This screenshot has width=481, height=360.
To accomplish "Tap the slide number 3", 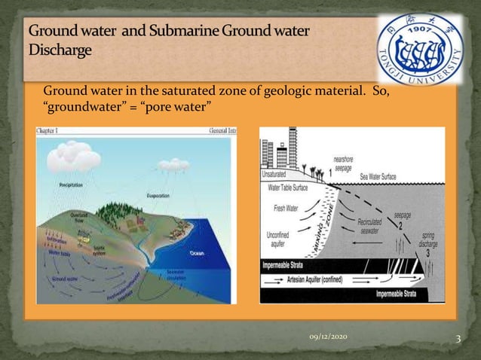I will coord(458,338).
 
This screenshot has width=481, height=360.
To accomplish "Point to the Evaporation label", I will coord(158,195).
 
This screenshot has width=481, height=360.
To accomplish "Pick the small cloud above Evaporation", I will coord(173,163).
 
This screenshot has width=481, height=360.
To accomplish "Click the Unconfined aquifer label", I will coord(280,238).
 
